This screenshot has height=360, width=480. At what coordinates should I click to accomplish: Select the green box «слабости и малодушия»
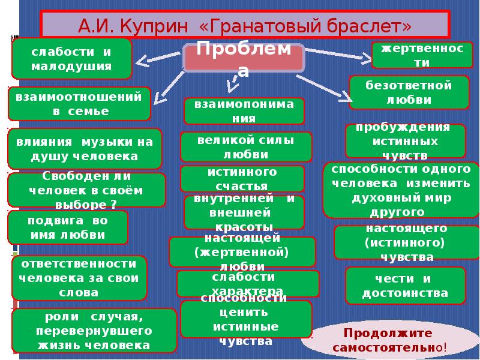pyautogui.click(x=71, y=59)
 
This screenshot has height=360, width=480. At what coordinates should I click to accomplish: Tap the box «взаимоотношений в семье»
pyautogui.click(x=79, y=103)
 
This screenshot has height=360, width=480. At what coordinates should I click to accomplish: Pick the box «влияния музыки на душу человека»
pyautogui.click(x=85, y=148)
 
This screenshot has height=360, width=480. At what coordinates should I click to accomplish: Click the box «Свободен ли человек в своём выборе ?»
pyautogui.click(x=86, y=190)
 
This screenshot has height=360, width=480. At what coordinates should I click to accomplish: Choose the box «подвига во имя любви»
pyautogui.click(x=67, y=227)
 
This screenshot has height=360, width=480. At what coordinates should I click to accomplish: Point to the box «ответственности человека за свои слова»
pyautogui.click(x=79, y=278)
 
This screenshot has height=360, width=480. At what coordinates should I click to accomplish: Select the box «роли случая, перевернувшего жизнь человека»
pyautogui.click(x=94, y=331)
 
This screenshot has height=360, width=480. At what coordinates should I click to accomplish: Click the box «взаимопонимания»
pyautogui.click(x=244, y=111)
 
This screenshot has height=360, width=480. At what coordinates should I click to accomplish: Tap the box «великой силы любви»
pyautogui.click(x=245, y=147)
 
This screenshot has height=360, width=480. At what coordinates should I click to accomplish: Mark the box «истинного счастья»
pyautogui.click(x=242, y=179)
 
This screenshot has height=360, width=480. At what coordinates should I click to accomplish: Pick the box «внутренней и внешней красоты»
pyautogui.click(x=244, y=212)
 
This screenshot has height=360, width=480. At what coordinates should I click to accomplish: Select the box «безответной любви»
pyautogui.click(x=409, y=92)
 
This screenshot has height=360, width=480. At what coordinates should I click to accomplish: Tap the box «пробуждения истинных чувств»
pyautogui.click(x=405, y=141)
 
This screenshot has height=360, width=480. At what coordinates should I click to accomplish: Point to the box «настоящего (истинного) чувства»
pyautogui.click(x=406, y=242)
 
